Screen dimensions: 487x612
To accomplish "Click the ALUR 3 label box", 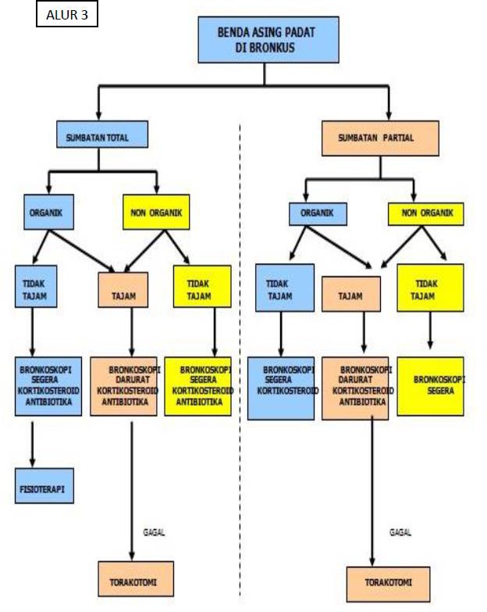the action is tap(67, 14).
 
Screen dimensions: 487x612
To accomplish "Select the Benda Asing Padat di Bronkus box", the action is tap(268, 39).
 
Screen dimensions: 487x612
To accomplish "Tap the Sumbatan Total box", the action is tap(102, 134).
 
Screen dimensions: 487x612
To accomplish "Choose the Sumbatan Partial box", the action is tap(381, 138).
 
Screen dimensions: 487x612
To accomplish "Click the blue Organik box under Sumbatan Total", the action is tap(48, 212).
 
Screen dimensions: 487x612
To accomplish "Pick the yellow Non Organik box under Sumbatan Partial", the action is tap(426, 214).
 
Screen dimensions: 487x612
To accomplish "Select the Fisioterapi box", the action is tap(44, 486).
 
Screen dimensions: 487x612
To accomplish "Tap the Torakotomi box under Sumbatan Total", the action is tap(136, 579).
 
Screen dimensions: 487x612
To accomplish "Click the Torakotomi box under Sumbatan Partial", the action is tap(389, 584).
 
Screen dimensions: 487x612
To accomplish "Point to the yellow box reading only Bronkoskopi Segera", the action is tap(431, 386).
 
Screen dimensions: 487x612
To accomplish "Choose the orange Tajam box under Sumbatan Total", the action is tap(123, 290).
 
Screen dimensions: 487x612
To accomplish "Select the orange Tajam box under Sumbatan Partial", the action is tap(351, 294).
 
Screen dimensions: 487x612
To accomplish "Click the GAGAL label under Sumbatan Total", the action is tap(154, 532).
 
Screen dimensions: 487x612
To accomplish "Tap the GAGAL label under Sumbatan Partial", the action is tap(400, 532).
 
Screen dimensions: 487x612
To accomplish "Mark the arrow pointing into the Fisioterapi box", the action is tap(33, 444).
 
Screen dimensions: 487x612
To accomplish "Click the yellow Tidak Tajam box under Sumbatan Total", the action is tap(202, 286).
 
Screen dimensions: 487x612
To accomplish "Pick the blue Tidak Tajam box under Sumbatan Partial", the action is tap(285, 288).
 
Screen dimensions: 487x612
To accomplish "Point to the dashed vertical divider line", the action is tap(240, 361).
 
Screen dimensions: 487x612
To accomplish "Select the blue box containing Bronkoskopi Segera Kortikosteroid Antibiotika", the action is tap(48, 386).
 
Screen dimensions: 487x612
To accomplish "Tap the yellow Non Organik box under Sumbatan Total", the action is tap(156, 212).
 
